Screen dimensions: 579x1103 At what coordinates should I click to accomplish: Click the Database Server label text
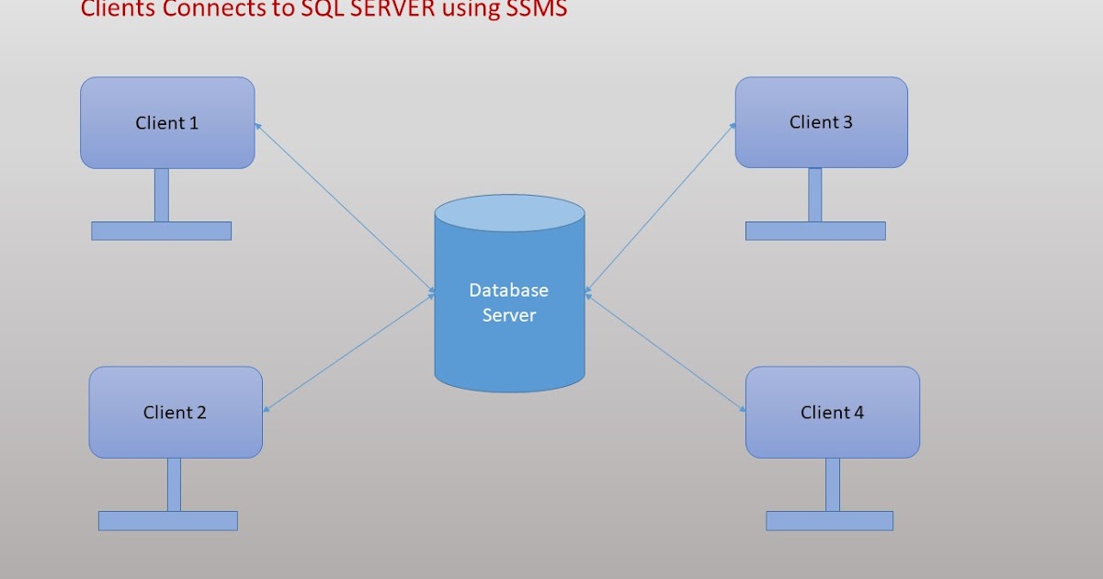click(x=508, y=302)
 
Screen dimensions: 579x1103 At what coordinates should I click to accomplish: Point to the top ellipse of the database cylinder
click(x=509, y=212)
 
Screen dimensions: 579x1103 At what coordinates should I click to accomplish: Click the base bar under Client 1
click(x=161, y=231)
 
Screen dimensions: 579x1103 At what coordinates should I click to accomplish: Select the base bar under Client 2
click(x=168, y=521)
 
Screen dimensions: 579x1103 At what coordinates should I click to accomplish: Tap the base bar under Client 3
click(x=815, y=231)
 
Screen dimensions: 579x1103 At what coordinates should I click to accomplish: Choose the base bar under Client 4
click(x=829, y=521)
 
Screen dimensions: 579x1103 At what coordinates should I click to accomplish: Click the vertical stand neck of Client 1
click(x=162, y=195)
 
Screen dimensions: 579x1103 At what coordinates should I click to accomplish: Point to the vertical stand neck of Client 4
click(x=833, y=484)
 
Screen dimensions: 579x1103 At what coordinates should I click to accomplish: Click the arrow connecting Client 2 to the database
click(x=349, y=352)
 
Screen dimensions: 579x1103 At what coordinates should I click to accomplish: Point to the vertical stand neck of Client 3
click(x=814, y=195)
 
